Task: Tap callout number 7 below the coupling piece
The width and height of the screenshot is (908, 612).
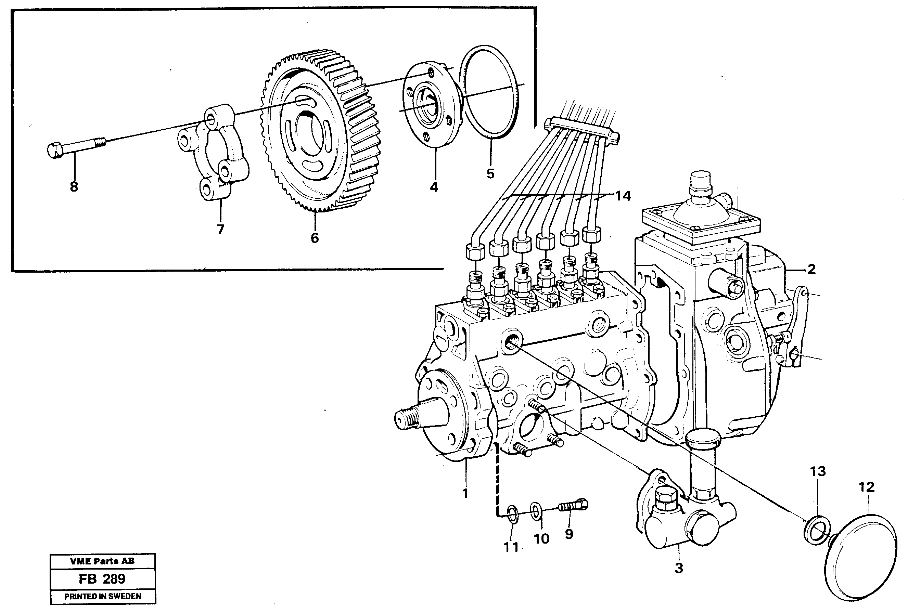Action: coord(220,229)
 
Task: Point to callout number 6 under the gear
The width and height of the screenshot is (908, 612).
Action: coord(315,238)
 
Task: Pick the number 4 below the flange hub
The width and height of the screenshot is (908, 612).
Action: coord(434,187)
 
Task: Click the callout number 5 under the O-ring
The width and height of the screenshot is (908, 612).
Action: coord(490,173)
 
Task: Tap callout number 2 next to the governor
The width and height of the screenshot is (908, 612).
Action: coord(811,269)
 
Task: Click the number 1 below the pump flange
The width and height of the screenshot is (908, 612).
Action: coord(465,493)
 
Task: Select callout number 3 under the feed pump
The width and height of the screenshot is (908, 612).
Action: coord(679,568)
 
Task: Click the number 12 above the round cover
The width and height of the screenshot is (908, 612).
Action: coord(866,487)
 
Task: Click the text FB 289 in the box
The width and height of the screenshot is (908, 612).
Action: coord(102,578)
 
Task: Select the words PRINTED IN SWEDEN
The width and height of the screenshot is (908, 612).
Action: coord(103,596)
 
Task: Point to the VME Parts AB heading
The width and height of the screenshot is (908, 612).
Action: coord(102,561)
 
